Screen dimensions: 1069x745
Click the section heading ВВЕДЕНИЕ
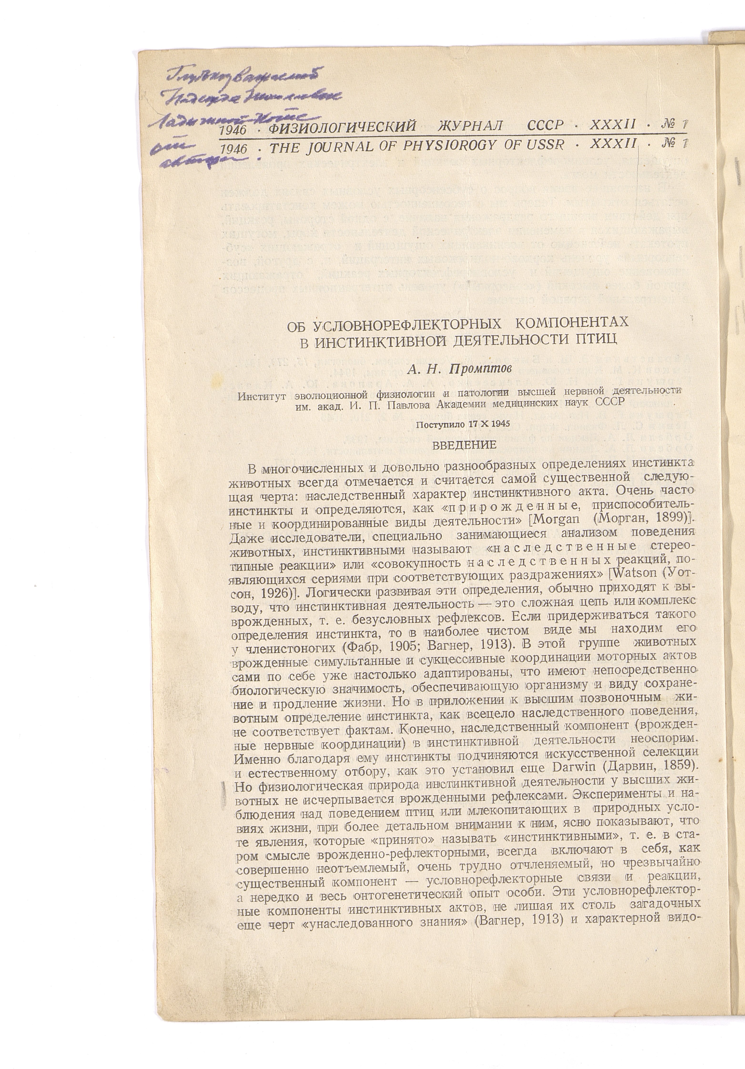464,445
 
